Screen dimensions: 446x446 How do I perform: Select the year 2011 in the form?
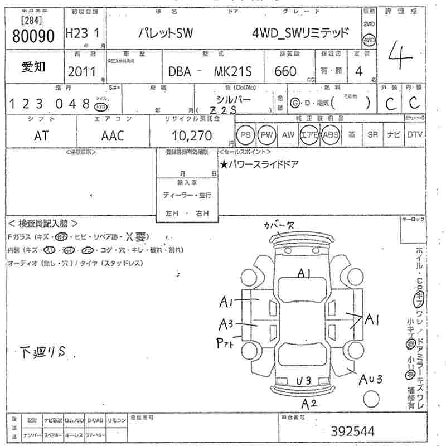[x=81, y=71]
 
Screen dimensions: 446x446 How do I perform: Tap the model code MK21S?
[x=232, y=72]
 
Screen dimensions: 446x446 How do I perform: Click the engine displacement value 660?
[x=285, y=71]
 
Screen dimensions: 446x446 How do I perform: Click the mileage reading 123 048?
[x=50, y=104]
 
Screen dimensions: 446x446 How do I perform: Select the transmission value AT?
[x=41, y=135]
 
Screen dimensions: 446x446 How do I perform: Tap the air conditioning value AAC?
[x=113, y=135]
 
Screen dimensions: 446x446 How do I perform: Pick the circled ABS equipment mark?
[x=331, y=135]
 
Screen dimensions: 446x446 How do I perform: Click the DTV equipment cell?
[x=415, y=135]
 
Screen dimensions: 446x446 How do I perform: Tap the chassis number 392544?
[x=352, y=430]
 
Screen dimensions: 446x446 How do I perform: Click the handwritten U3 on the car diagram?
[x=304, y=380]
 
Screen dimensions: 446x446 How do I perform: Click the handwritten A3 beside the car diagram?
[x=226, y=324]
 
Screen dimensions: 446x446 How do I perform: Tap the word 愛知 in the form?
[x=33, y=68]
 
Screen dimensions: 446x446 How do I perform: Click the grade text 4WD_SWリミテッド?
[x=301, y=33]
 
